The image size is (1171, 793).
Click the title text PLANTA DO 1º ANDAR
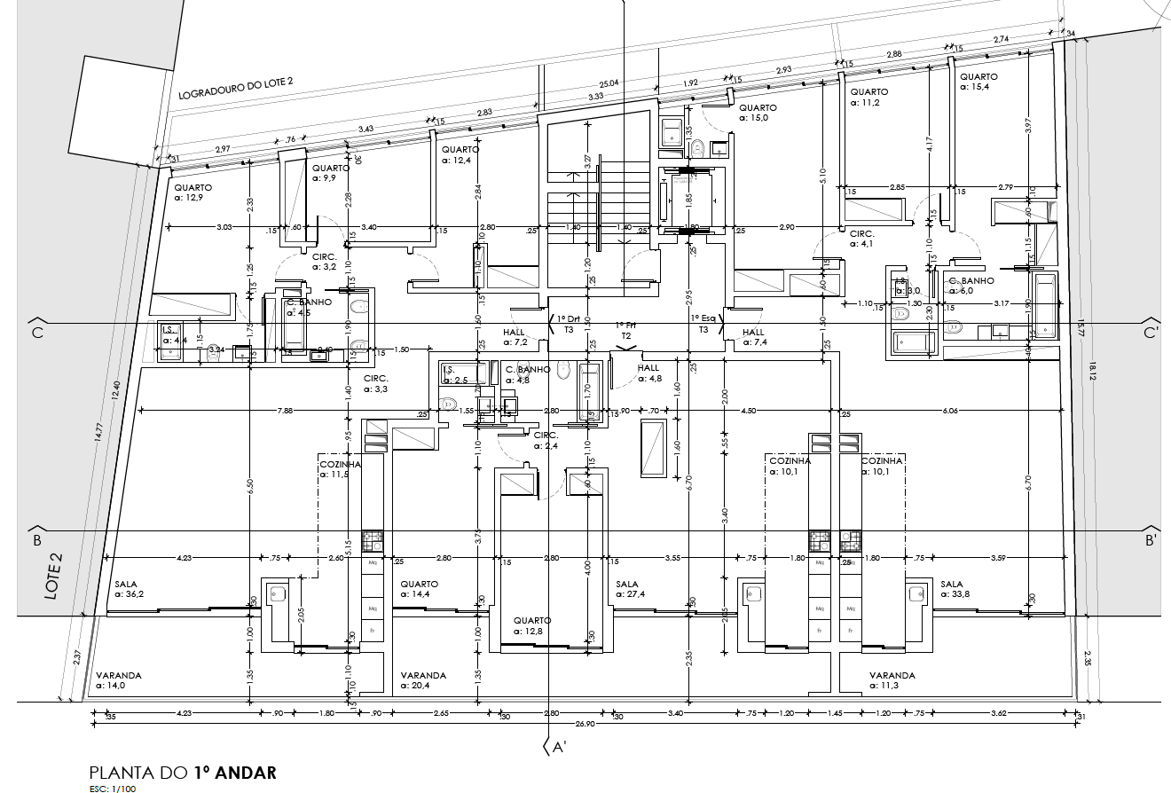183,773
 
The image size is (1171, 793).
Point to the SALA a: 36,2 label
130,590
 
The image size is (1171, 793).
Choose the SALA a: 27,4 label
632,590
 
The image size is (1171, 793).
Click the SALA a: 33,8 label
955,590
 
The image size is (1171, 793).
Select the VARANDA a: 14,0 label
119,680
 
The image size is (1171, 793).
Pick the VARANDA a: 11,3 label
892,680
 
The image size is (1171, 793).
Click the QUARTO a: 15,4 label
978,82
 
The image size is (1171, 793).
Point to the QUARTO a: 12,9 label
193,192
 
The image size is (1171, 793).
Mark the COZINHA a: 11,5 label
340,468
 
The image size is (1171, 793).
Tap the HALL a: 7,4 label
753,337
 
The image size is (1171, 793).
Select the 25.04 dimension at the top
609,83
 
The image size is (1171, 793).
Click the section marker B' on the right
1151,539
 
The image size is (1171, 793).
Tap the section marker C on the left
37,334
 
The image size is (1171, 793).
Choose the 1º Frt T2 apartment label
625,331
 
